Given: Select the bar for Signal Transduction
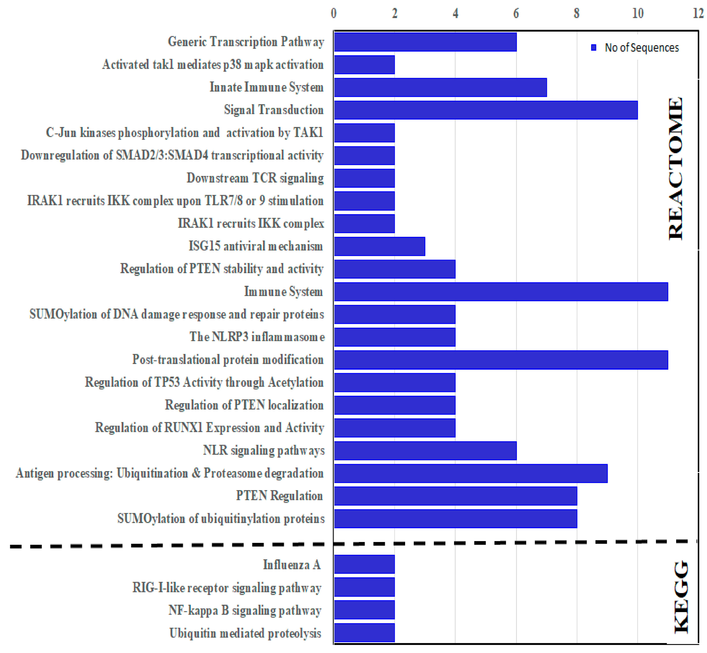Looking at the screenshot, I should (x=486, y=110).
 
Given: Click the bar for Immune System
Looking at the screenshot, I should (x=501, y=291).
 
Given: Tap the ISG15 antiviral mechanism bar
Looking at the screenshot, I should (x=380, y=246).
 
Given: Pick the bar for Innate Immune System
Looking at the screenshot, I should (x=440, y=87).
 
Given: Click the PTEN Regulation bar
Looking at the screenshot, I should (x=455, y=496).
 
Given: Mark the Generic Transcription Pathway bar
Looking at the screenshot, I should (x=425, y=42).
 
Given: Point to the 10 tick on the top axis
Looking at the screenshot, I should (x=638, y=13).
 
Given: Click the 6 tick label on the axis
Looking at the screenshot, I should (x=516, y=13).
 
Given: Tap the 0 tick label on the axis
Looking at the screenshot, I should (x=334, y=13).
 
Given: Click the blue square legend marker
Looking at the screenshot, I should (x=594, y=47).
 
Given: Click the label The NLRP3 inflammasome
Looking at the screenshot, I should (x=257, y=337).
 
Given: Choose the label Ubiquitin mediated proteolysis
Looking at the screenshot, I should (x=245, y=633).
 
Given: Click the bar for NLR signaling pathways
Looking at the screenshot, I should (x=425, y=450).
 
